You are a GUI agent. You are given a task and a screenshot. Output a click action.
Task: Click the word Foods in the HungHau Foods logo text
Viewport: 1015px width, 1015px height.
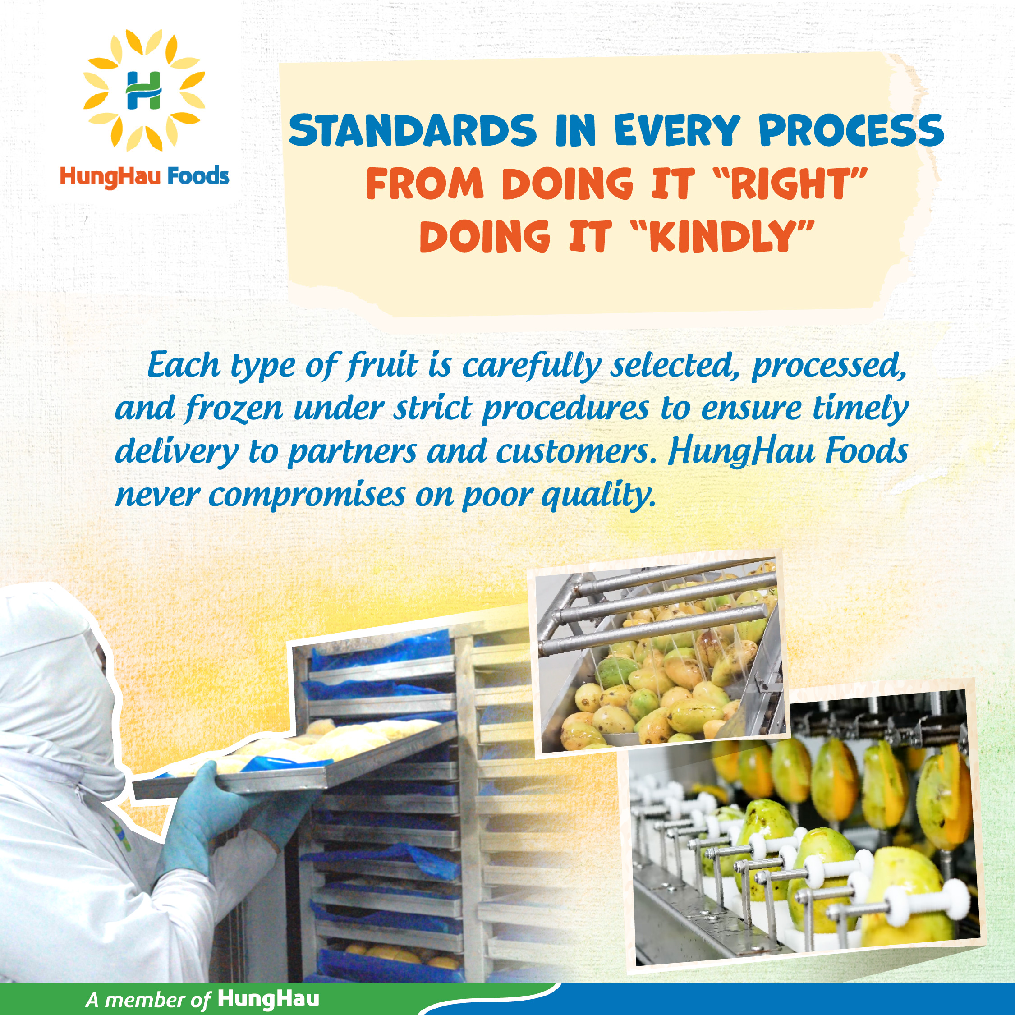pos(197,176)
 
